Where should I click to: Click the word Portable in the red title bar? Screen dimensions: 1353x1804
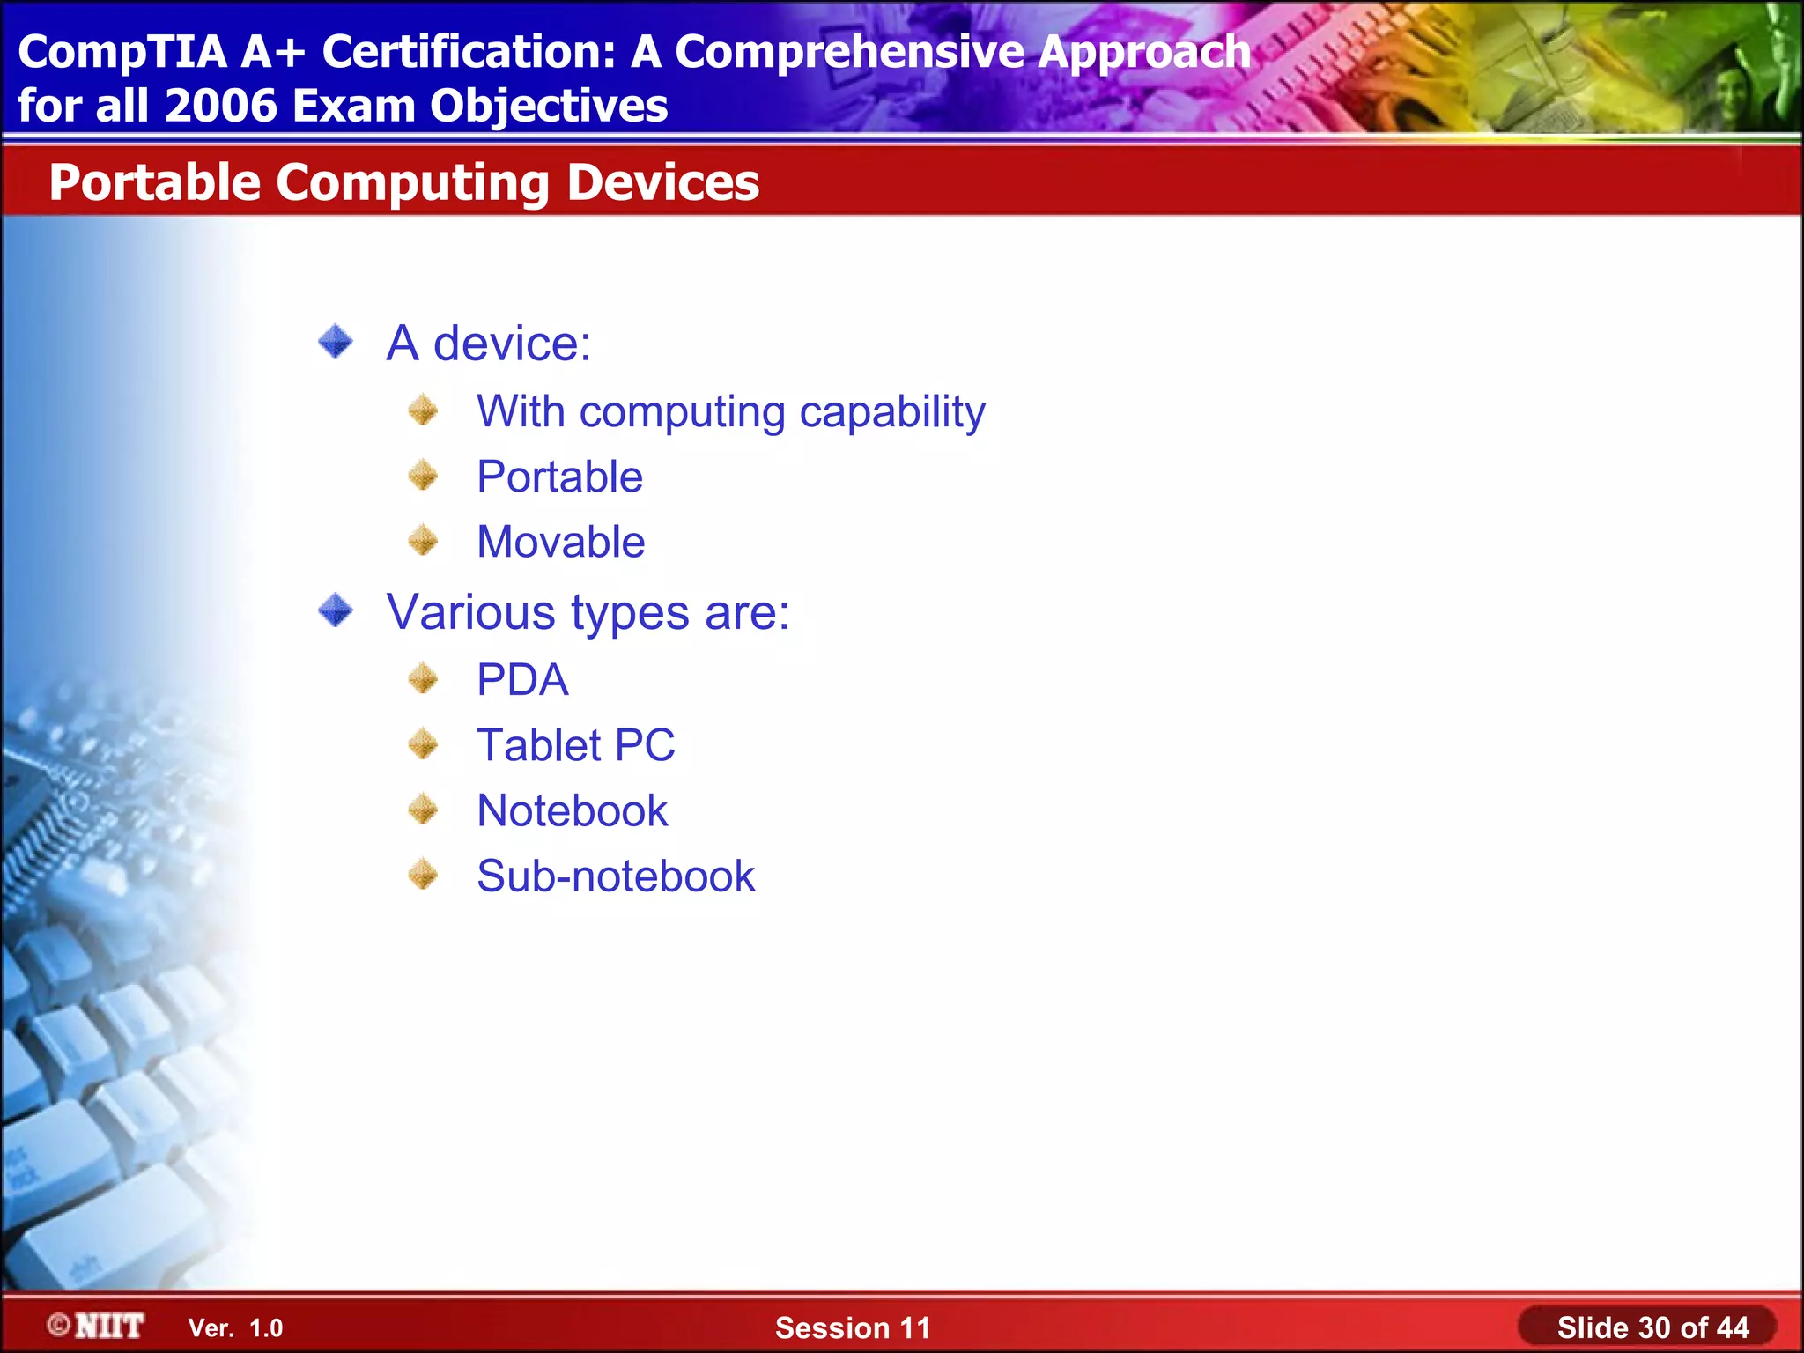pos(155,182)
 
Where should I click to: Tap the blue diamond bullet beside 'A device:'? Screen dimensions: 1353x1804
pos(336,342)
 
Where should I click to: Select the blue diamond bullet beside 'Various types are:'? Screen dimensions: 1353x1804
pos(336,610)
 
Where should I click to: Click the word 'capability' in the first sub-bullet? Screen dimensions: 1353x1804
pos(891,412)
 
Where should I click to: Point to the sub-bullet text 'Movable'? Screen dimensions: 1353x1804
pos(560,542)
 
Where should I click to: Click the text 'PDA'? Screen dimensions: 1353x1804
pos(522,680)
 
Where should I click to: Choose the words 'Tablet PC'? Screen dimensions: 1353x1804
pos(575,745)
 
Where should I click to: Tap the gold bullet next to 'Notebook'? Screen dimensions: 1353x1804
pos(424,810)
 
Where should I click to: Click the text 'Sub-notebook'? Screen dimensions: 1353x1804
pos(616,876)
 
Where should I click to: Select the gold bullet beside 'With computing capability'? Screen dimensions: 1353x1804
pos(424,410)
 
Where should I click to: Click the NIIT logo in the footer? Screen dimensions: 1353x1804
pos(97,1326)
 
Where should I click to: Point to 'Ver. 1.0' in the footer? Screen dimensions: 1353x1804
pos(235,1328)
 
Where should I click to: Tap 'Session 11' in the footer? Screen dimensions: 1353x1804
pos(852,1327)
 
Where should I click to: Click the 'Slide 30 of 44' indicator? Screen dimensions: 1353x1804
pos(1652,1327)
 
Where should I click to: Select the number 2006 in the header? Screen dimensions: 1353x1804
pos(220,106)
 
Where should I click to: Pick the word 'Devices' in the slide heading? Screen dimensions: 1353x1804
pos(662,182)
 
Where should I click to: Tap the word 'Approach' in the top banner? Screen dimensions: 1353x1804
pos(1142,52)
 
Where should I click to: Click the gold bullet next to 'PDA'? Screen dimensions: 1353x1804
pos(424,679)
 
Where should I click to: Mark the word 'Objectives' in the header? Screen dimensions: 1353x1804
pos(548,106)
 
